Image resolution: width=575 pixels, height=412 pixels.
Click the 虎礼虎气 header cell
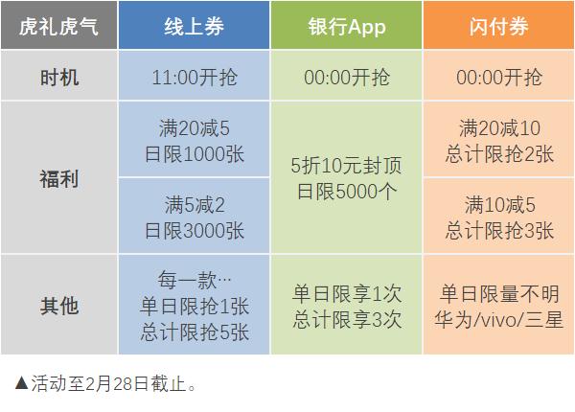click(x=58, y=26)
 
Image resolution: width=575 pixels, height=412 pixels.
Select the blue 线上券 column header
click(x=194, y=26)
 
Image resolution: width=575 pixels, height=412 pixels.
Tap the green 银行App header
click(x=347, y=26)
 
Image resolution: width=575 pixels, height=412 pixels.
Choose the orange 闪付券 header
click(x=498, y=26)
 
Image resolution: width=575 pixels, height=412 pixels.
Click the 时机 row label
click(x=59, y=78)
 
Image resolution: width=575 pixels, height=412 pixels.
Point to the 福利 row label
click(x=59, y=179)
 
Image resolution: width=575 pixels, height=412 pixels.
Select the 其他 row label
click(x=59, y=306)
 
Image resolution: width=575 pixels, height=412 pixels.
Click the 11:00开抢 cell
click(x=195, y=78)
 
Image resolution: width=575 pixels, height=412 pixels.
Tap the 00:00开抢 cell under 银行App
click(x=347, y=78)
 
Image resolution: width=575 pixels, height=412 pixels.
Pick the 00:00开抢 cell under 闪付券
click(x=499, y=78)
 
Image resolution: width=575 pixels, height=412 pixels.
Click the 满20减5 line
click(x=195, y=128)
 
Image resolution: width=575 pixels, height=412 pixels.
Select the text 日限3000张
click(x=195, y=231)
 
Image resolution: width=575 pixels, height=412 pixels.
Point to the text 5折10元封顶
click(x=347, y=166)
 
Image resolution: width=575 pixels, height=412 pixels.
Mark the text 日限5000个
click(x=347, y=192)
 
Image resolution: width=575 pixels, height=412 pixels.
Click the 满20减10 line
click(x=499, y=128)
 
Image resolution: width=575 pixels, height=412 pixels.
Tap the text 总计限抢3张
click(x=499, y=231)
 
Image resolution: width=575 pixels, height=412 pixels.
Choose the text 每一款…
click(x=195, y=280)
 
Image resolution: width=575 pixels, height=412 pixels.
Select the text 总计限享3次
click(x=347, y=319)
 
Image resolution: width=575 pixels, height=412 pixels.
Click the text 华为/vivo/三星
click(x=498, y=319)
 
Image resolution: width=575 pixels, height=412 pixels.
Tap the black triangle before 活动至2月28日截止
click(x=22, y=382)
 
